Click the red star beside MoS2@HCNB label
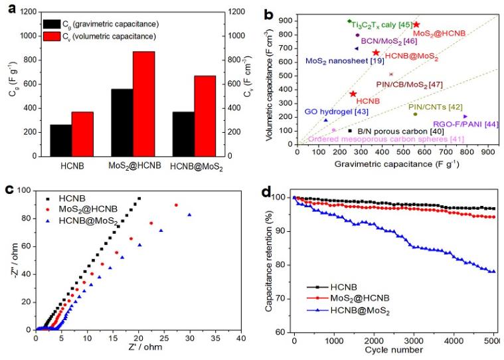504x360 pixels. [416, 25]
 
